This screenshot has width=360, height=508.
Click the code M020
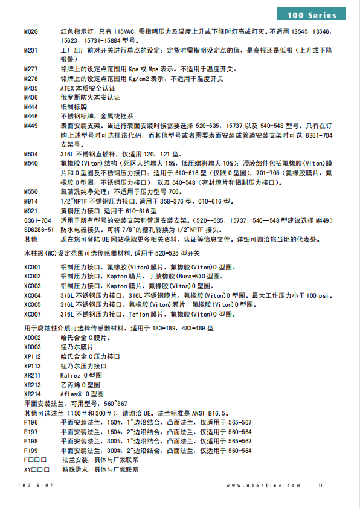31,30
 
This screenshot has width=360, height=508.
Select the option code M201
31,51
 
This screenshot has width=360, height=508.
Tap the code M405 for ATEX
31,88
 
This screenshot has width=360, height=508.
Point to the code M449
31,126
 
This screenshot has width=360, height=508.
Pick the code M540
31,163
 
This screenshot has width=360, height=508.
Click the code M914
31,201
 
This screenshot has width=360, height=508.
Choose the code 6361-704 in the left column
37,220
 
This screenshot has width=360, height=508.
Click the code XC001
33,266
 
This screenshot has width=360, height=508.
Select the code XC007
33,314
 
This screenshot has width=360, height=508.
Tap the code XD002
33,338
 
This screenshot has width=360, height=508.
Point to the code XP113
33,366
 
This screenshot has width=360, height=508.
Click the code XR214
33,394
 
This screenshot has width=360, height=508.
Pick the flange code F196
30,422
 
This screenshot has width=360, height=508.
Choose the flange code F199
30,451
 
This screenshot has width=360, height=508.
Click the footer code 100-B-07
36,485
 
